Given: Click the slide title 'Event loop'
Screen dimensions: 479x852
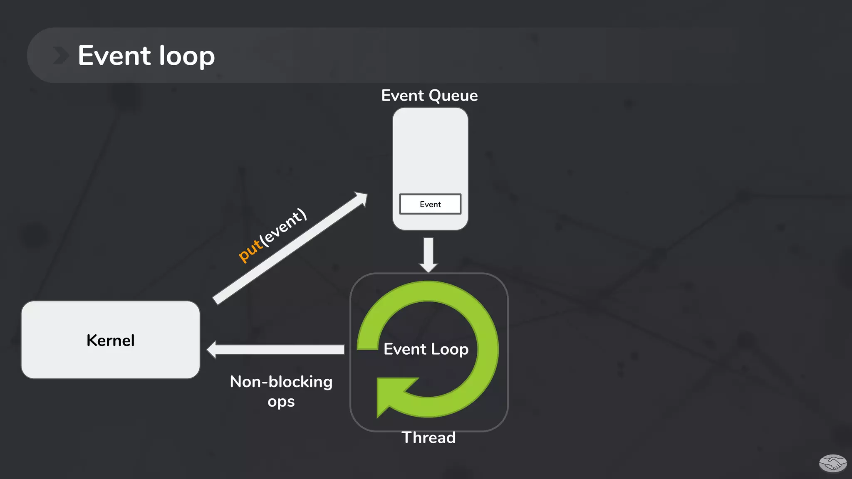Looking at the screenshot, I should [x=146, y=56].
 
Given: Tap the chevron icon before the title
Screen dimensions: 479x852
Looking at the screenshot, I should [x=61, y=56].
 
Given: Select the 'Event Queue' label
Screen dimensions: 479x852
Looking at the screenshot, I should [x=429, y=96].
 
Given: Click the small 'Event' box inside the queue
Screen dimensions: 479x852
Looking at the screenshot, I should [x=430, y=204].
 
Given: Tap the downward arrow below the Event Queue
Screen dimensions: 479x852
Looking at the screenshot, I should [x=428, y=255].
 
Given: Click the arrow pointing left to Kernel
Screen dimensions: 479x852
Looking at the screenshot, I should [x=275, y=350].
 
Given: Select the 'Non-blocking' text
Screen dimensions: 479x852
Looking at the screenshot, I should [x=281, y=382].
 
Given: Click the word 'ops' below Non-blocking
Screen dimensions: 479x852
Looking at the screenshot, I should [x=281, y=402].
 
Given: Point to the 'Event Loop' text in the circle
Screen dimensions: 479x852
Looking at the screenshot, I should [x=426, y=349].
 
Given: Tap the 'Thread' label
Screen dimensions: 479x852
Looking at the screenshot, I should [x=428, y=438].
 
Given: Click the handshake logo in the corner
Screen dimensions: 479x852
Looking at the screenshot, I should [x=832, y=463].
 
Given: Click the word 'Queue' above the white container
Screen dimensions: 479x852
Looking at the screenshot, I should [x=453, y=96].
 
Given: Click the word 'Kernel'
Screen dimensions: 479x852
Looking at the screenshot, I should [x=111, y=341].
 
